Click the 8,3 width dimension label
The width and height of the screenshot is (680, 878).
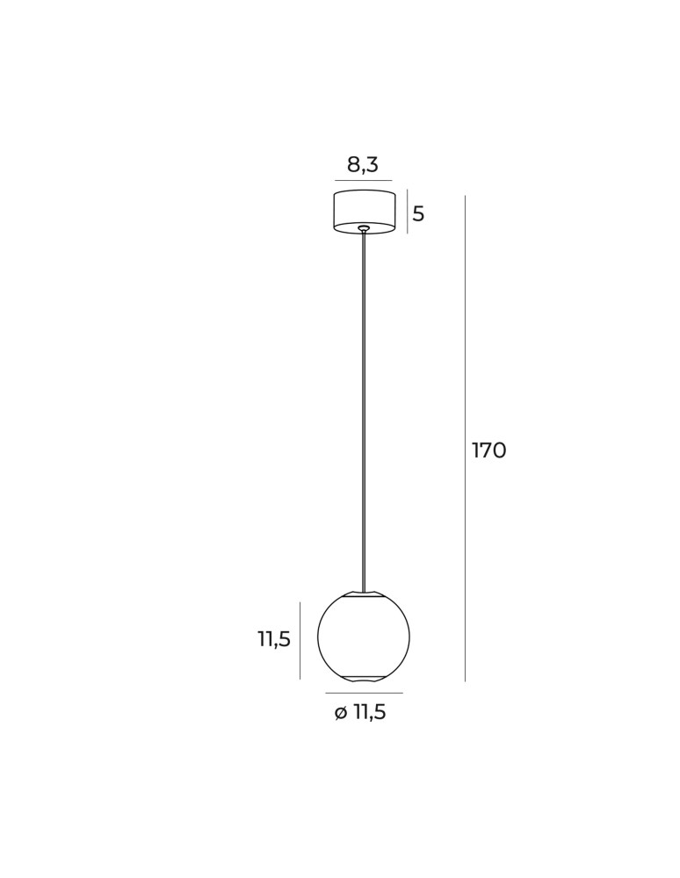363,165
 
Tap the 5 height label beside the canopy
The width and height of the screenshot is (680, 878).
418,214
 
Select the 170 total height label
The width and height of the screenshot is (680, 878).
489,450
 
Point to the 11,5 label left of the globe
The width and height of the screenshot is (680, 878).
274,639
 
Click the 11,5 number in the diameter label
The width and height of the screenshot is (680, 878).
370,713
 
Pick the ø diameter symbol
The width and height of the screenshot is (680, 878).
341,713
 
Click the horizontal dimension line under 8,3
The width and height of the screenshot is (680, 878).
364,180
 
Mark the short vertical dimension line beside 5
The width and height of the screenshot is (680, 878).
408,211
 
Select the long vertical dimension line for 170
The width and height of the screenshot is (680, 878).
465,438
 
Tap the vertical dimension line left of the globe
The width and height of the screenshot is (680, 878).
300,641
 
